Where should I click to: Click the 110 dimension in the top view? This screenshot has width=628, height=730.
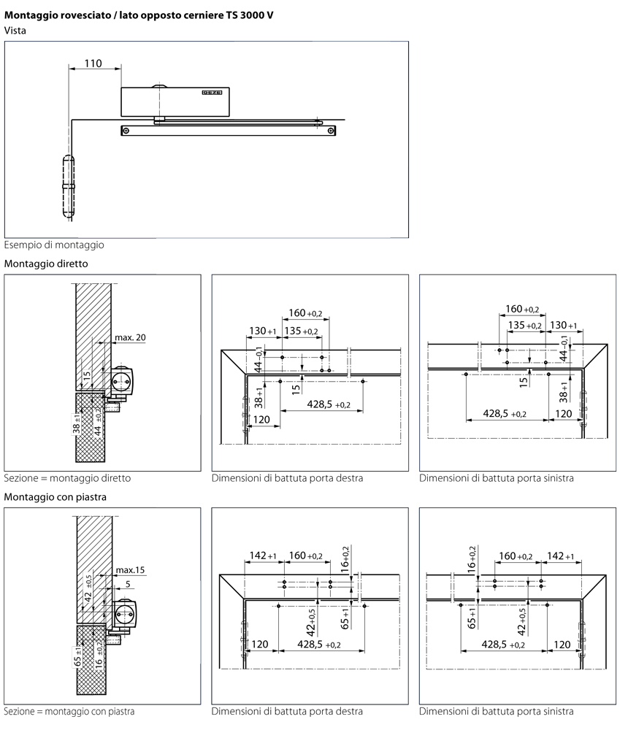pos(93,64)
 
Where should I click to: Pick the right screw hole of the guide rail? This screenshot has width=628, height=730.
pos(332,131)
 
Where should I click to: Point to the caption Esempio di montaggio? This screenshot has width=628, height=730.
pos(54,245)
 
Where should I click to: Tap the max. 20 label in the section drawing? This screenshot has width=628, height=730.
pos(130,337)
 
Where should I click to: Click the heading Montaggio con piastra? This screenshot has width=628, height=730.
pos(56,496)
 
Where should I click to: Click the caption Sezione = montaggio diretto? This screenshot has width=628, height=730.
pos(67,479)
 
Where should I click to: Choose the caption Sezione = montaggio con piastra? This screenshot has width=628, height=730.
pos(69,711)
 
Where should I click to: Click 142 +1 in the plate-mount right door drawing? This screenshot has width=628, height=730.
pos(262,556)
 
